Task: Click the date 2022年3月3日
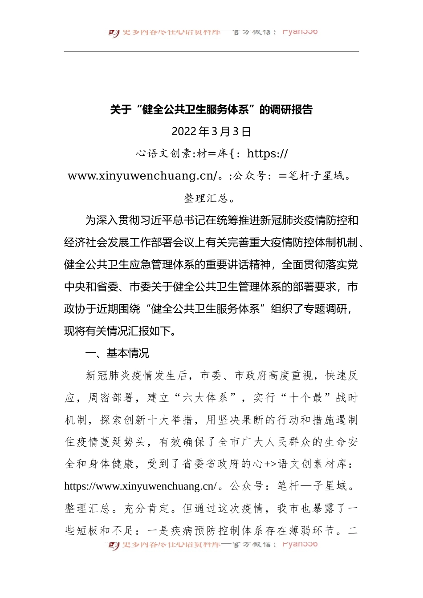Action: [211, 132]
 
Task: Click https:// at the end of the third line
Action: [268, 154]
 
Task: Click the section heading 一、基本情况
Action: [117, 353]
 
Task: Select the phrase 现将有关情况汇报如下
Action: [117, 331]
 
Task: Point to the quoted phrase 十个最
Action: [306, 398]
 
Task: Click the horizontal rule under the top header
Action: [211, 51]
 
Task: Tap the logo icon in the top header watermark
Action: [114, 32]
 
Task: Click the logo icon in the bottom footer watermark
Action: [114, 545]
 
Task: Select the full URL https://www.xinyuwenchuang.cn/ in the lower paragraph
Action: [140, 486]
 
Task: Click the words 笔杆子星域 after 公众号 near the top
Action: [317, 176]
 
